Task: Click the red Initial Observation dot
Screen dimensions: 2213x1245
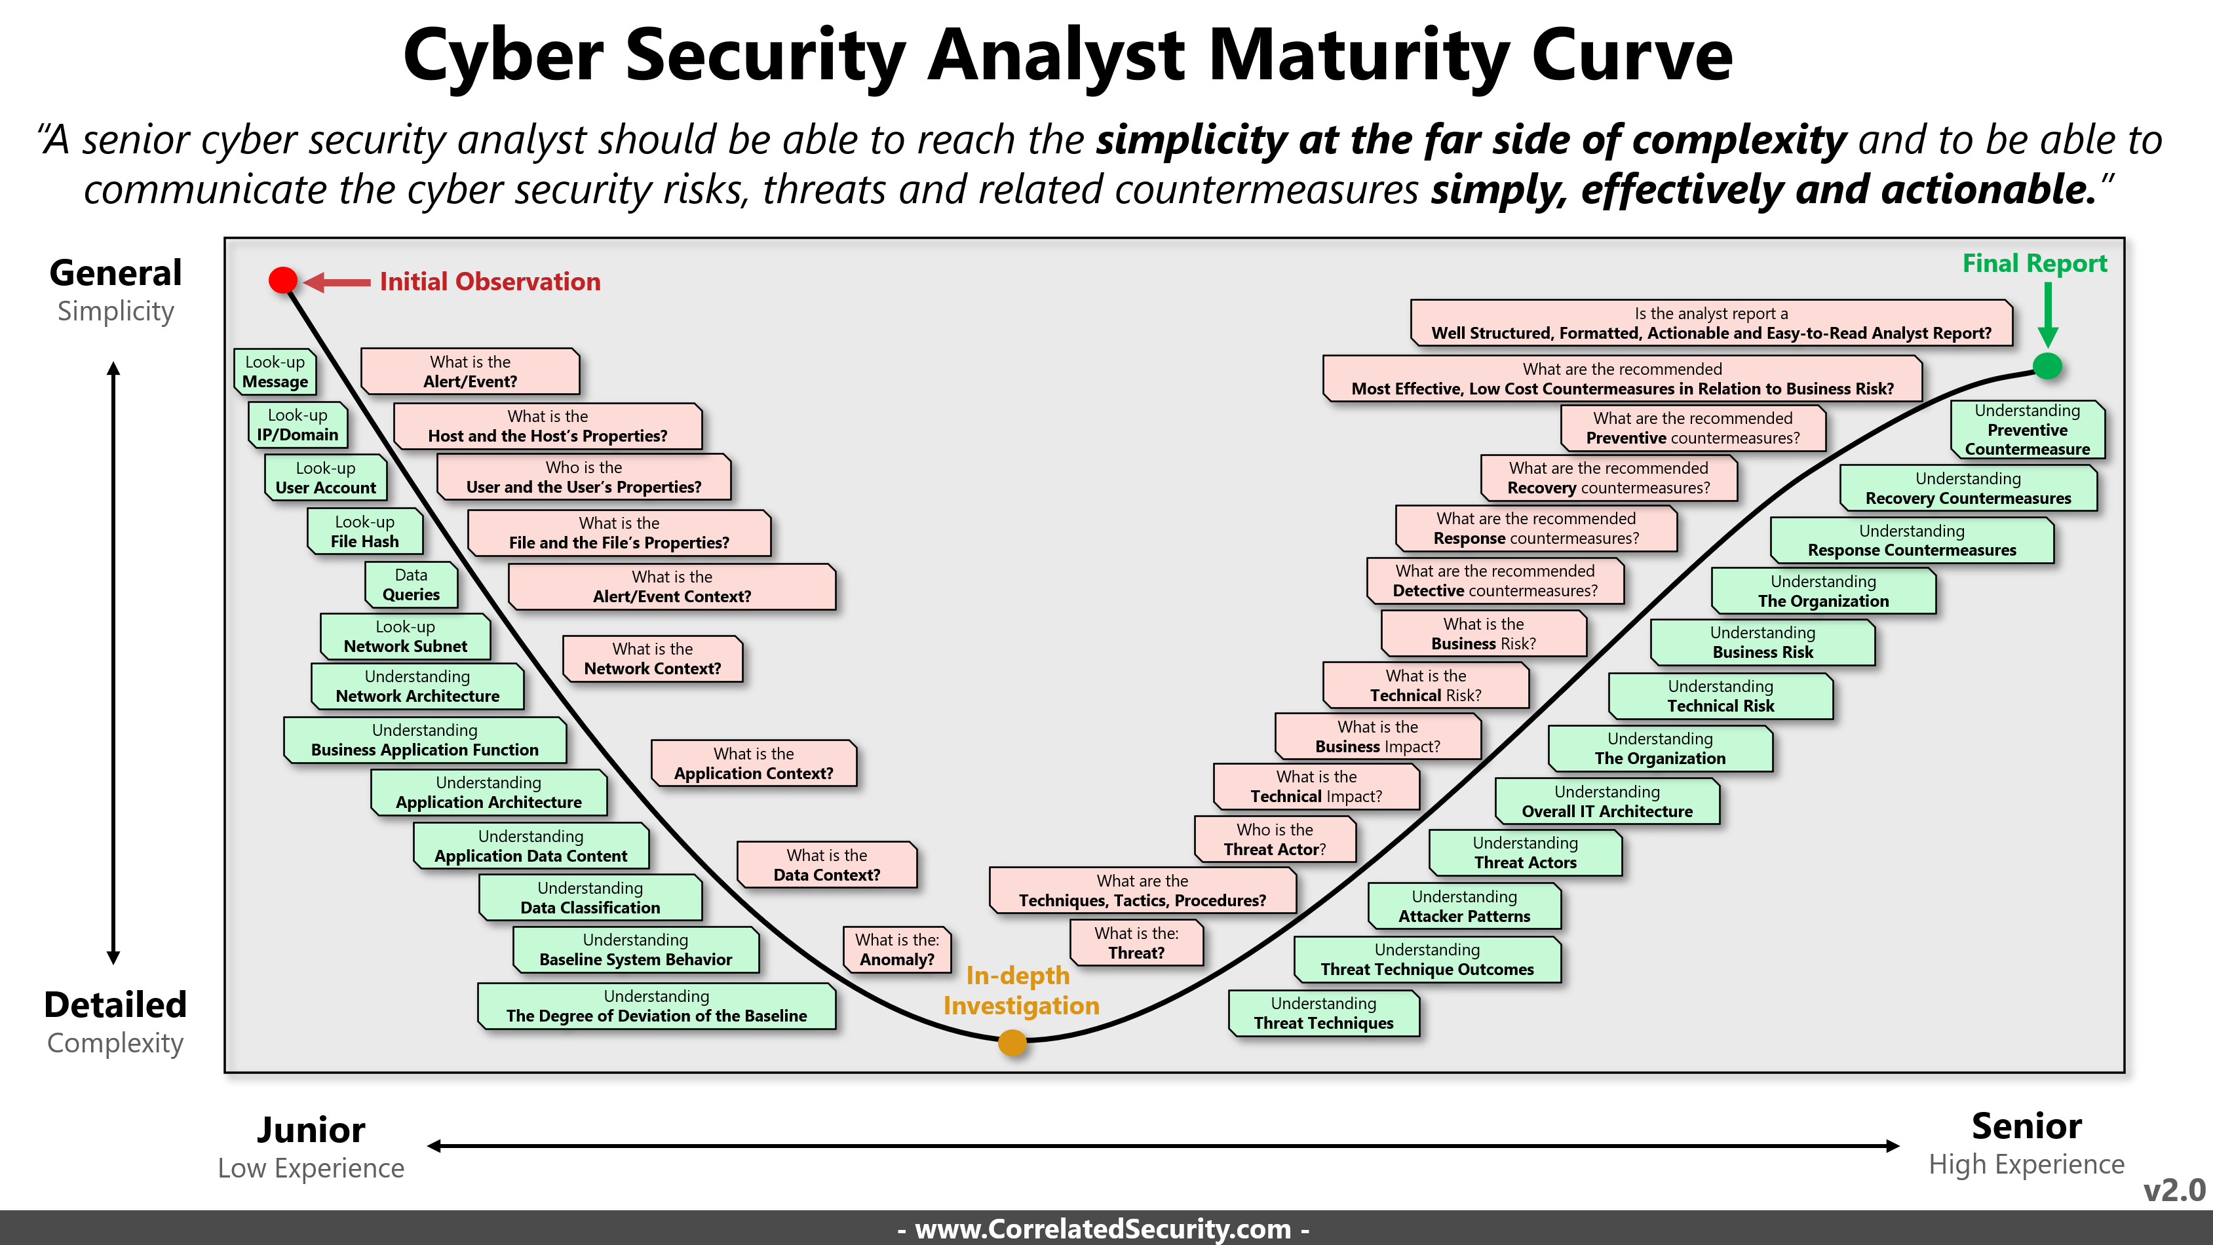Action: tap(282, 280)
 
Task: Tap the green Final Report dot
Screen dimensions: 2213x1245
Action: tap(2047, 366)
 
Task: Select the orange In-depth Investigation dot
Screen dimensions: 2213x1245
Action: tap(1012, 1043)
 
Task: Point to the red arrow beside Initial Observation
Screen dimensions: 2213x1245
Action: tap(337, 282)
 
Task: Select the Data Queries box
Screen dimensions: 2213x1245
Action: tap(411, 584)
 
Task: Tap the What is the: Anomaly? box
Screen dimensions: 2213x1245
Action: tap(897, 949)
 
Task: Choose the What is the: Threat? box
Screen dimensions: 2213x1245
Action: tap(1136, 942)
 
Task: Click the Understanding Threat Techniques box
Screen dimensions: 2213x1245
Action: tap(1324, 1013)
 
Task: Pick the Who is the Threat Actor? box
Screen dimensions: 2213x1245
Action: tap(1275, 839)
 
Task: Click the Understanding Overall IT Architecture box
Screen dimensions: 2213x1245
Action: tap(1607, 801)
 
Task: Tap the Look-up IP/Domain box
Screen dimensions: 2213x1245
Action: tap(298, 425)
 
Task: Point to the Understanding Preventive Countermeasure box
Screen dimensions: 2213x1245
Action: tap(2028, 430)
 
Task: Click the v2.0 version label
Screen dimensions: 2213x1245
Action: tap(2174, 1190)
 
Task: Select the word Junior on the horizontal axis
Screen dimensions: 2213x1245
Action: tap(311, 1130)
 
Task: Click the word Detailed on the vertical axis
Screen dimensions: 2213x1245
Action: tap(115, 1005)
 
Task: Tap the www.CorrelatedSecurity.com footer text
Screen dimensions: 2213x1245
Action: tap(1103, 1229)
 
